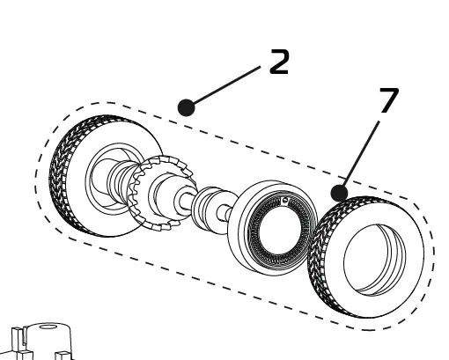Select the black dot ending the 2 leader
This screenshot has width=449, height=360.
click(x=186, y=107)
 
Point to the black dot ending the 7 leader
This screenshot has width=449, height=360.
click(x=340, y=192)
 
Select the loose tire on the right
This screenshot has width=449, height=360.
click(x=366, y=255)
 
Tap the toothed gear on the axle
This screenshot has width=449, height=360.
click(x=153, y=194)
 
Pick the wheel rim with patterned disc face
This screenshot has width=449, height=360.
click(x=273, y=227)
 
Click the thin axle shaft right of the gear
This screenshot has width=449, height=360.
click(x=187, y=202)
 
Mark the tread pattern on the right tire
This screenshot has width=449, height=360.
click(x=321, y=264)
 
